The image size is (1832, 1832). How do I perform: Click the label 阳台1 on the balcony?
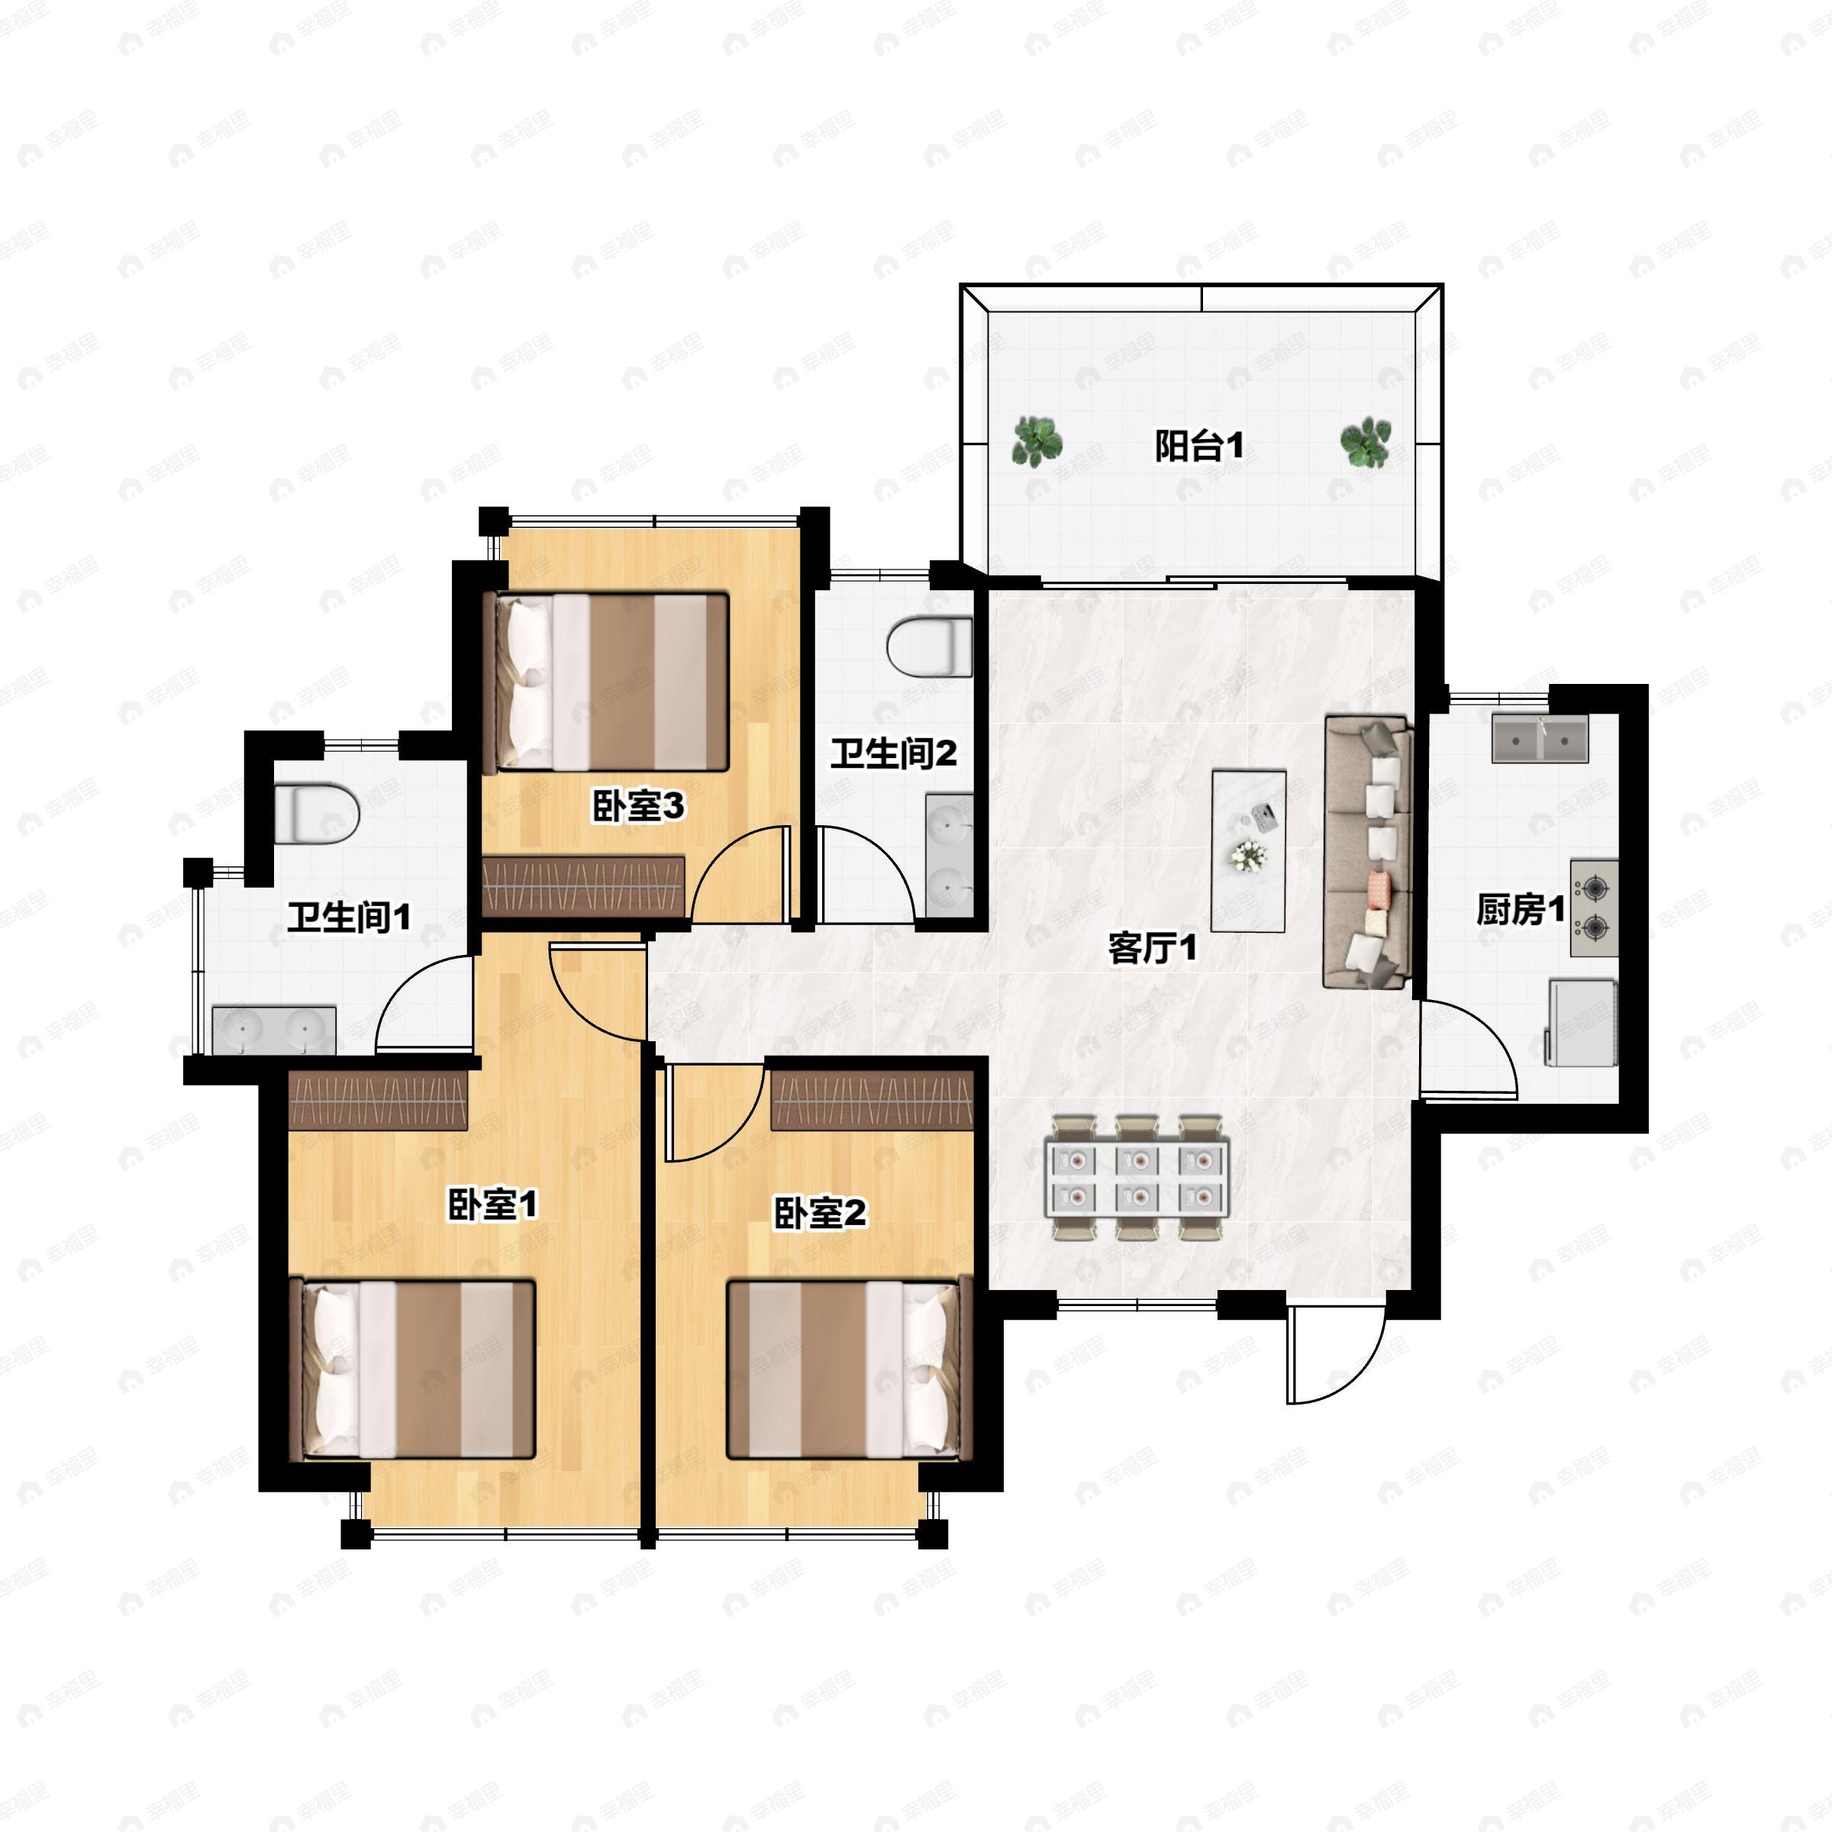1198,446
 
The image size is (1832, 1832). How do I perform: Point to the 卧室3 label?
638,806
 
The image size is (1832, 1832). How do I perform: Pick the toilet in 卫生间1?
317,813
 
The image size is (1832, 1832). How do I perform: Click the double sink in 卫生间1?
274,1030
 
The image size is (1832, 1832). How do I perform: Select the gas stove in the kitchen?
1594,908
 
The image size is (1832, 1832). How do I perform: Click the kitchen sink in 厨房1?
1540,740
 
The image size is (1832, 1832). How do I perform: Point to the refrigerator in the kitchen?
1581,1022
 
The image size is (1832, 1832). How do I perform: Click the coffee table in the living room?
1249,850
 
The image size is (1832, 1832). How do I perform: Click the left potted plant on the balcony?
1037,442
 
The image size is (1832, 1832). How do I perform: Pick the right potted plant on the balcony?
1366,442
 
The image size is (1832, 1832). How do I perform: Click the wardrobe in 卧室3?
583,886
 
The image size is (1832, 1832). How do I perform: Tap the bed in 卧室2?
850,1369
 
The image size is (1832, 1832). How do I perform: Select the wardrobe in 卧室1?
379,1100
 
